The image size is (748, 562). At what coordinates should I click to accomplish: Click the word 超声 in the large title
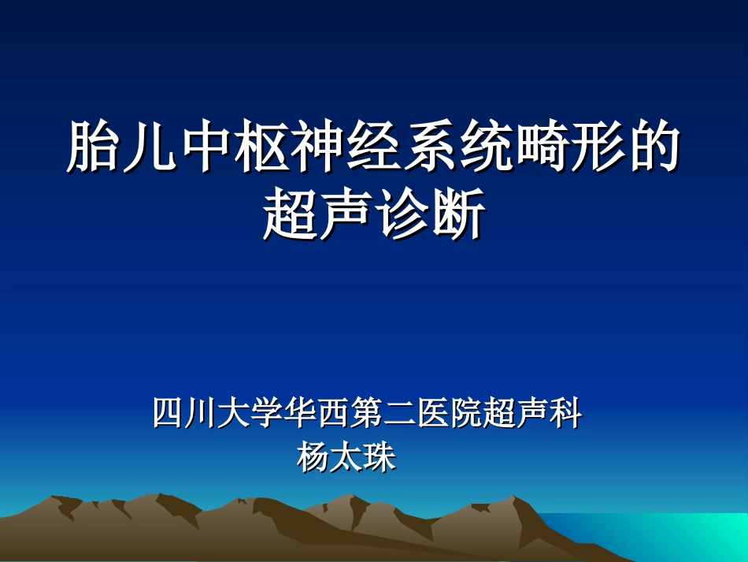320,214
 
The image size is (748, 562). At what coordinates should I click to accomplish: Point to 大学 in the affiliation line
240,414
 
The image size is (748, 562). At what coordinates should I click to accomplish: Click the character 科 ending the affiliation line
566,414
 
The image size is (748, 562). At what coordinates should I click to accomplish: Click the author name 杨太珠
346,457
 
